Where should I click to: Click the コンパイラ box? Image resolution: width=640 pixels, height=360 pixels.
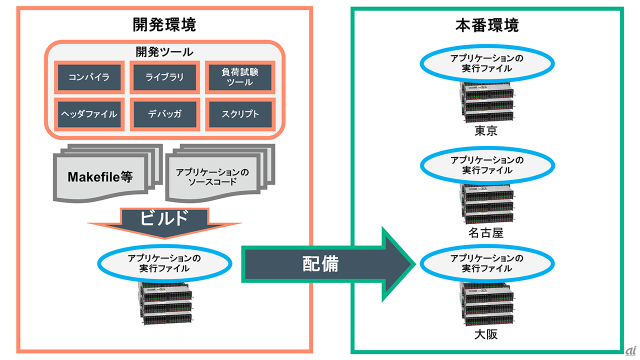[89, 77]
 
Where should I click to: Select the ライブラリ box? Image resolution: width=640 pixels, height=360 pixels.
[164, 77]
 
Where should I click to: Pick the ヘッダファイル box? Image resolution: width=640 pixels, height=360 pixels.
[89, 114]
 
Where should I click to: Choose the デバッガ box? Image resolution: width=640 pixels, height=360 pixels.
[164, 114]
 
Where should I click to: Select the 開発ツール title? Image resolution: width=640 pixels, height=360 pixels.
[164, 52]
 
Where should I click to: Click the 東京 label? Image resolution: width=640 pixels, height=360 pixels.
[486, 131]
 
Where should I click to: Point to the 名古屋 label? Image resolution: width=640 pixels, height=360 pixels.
[486, 233]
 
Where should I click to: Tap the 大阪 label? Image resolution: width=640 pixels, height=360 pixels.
[486, 334]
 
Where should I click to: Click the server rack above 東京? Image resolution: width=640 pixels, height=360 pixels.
[487, 102]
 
